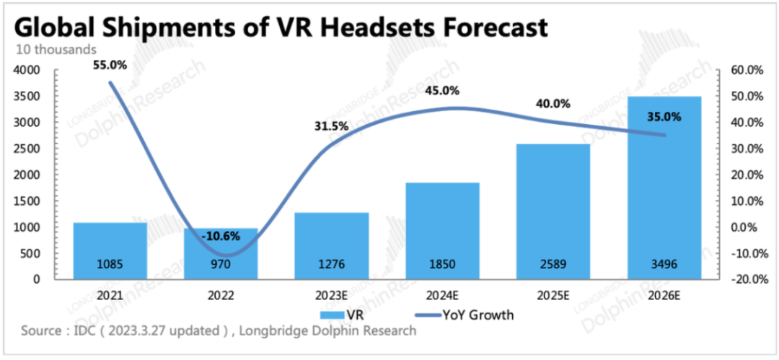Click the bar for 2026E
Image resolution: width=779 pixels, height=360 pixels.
tap(664, 188)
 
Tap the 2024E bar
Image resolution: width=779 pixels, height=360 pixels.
tap(443, 231)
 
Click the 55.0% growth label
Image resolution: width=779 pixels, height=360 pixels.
tap(110, 65)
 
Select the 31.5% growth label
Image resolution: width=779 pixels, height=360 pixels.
tap(331, 126)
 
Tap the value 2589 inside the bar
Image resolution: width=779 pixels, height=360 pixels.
tap(553, 265)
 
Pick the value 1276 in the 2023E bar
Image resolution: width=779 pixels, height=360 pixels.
tap(332, 265)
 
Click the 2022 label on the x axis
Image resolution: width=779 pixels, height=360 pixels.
tap(221, 296)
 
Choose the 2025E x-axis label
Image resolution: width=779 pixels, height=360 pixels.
tap(553, 296)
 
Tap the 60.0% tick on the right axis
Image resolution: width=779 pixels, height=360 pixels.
tap(746, 71)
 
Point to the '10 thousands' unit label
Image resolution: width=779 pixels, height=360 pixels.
tap(56, 50)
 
